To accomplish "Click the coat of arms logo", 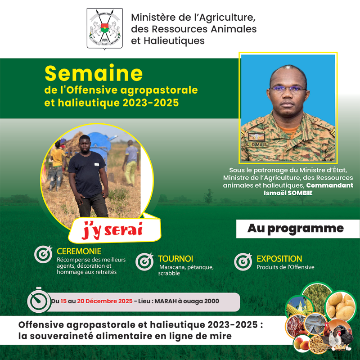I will click(x=104, y=28).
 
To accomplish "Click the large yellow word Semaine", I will click(x=94, y=73).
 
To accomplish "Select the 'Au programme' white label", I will click(x=295, y=229).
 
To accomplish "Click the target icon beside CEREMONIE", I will click(x=43, y=255).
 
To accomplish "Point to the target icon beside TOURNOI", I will click(x=144, y=262).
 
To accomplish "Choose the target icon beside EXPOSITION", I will click(x=243, y=262).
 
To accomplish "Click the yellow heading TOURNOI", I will click(x=175, y=259).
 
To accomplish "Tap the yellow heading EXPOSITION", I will click(x=279, y=259).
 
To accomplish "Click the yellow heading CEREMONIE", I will click(x=79, y=251).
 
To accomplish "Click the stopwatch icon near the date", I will click(x=39, y=301).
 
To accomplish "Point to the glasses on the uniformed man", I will click(x=288, y=88).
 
